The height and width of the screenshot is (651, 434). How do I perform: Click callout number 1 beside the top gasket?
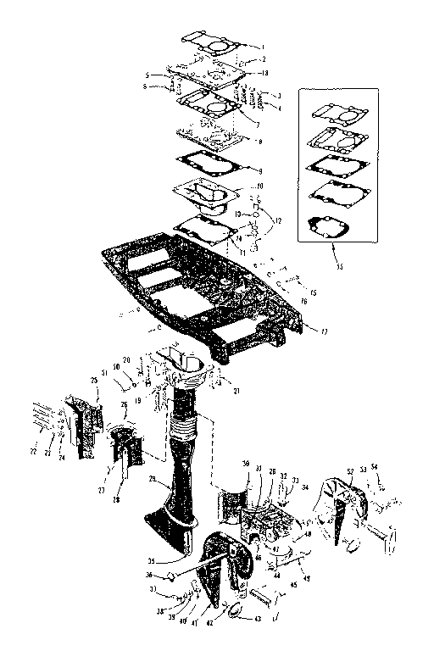tap(263, 45)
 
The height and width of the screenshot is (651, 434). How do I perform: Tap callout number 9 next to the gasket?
tap(261, 170)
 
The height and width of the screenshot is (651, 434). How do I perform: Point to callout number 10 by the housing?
tap(261, 186)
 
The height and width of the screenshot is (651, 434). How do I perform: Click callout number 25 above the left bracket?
tap(94, 382)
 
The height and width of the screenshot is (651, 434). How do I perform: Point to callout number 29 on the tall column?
tap(153, 480)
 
